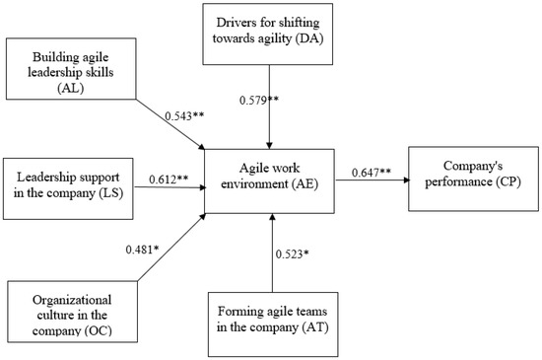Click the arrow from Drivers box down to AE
pos(270,118)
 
